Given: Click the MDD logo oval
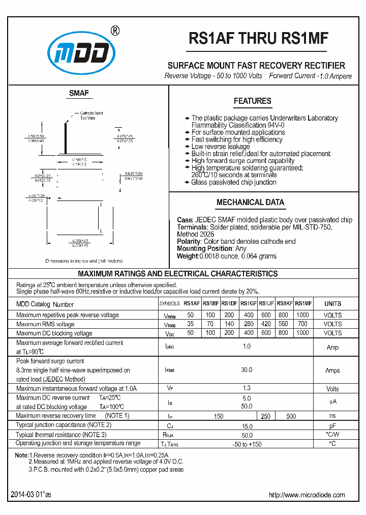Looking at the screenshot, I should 81,52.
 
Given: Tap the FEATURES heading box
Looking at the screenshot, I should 252,101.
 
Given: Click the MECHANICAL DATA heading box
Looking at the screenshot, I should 250,202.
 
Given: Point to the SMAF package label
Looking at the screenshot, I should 79,93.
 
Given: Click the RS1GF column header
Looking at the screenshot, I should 248,304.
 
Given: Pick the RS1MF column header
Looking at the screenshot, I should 303,304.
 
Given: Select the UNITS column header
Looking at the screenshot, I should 332,304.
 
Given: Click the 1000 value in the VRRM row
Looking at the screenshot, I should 302,315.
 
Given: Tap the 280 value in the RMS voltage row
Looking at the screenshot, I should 248,324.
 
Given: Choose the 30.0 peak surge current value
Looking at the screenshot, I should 247,370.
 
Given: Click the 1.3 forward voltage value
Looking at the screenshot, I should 247,388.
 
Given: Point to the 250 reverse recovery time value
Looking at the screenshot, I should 266,416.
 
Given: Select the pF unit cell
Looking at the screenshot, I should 332,425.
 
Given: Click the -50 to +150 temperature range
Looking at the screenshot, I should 247,444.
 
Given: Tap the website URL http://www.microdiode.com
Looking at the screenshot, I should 306,495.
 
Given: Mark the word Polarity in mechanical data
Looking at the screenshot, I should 189,241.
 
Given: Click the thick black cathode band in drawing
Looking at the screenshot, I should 66,137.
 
